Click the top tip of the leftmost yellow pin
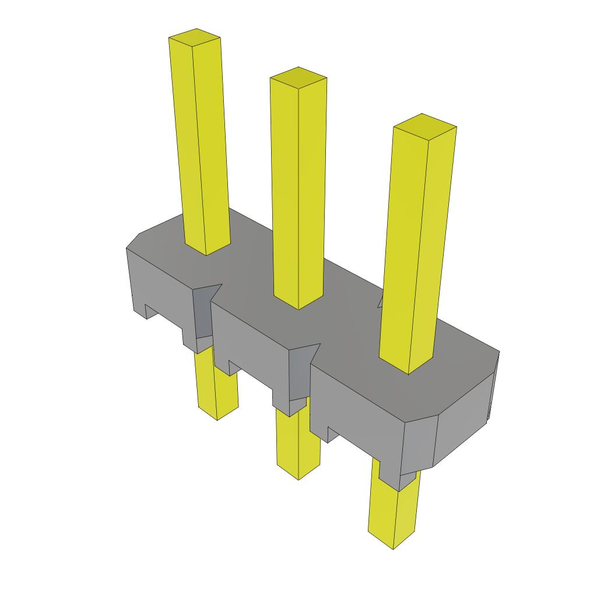tap(195, 37)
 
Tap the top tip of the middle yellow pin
tap(298, 76)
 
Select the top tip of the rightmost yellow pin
tap(424, 124)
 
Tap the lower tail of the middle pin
tap(298, 446)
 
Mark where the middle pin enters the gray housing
tap(298, 303)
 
